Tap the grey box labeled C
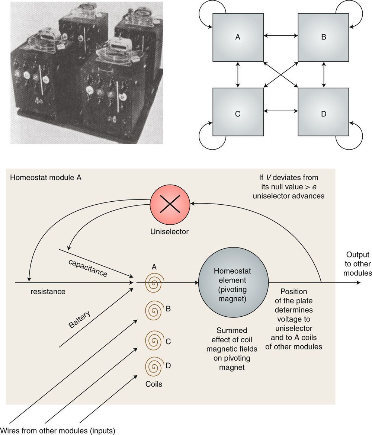[x=237, y=112]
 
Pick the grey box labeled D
[x=324, y=112]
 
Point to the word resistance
[x=48, y=291]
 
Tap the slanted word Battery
[x=80, y=318]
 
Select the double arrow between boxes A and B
[x=281, y=36]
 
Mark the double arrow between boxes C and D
[x=281, y=111]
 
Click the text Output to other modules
[x=358, y=264]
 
